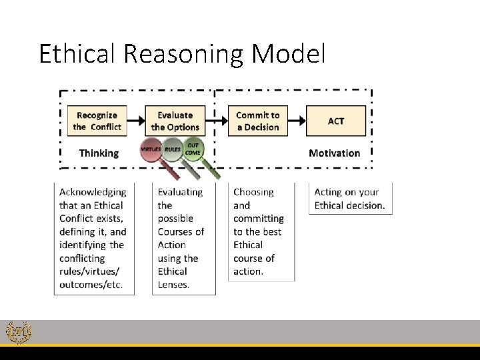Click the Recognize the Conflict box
click(x=97, y=121)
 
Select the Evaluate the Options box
click(x=175, y=121)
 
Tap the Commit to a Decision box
click(x=258, y=121)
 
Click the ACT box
click(x=336, y=121)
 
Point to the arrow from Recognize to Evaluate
click(x=136, y=121)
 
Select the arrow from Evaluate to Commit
click(x=215, y=121)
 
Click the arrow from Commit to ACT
click(x=297, y=121)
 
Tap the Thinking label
click(x=99, y=153)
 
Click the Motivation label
click(x=334, y=153)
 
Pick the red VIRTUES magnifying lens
click(x=151, y=151)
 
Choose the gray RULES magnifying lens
click(x=173, y=150)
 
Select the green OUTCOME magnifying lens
click(x=193, y=149)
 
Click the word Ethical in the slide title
click(x=77, y=54)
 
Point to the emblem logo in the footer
click(x=17, y=332)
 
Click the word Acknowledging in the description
click(x=93, y=192)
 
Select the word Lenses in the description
click(x=173, y=285)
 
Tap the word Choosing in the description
click(x=253, y=192)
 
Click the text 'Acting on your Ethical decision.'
click(x=349, y=199)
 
